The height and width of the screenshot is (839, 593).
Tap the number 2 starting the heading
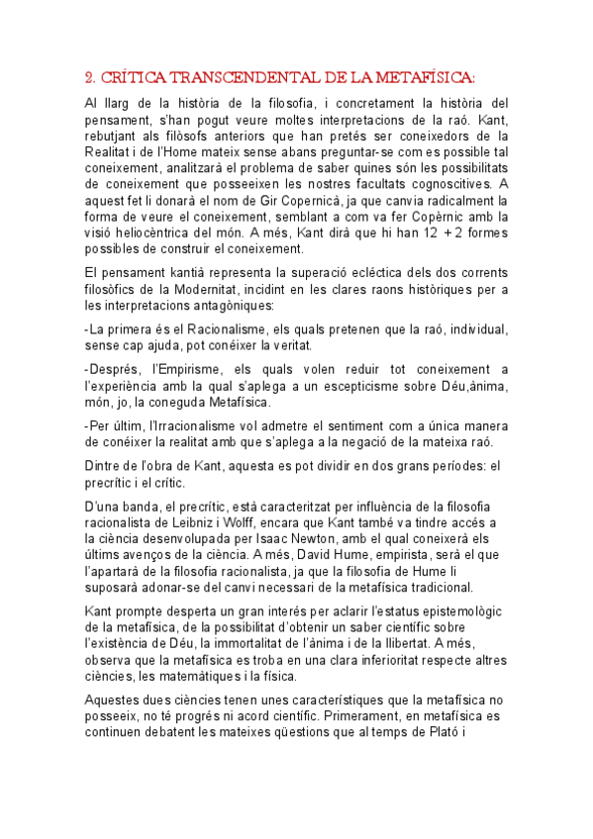click(89, 77)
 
